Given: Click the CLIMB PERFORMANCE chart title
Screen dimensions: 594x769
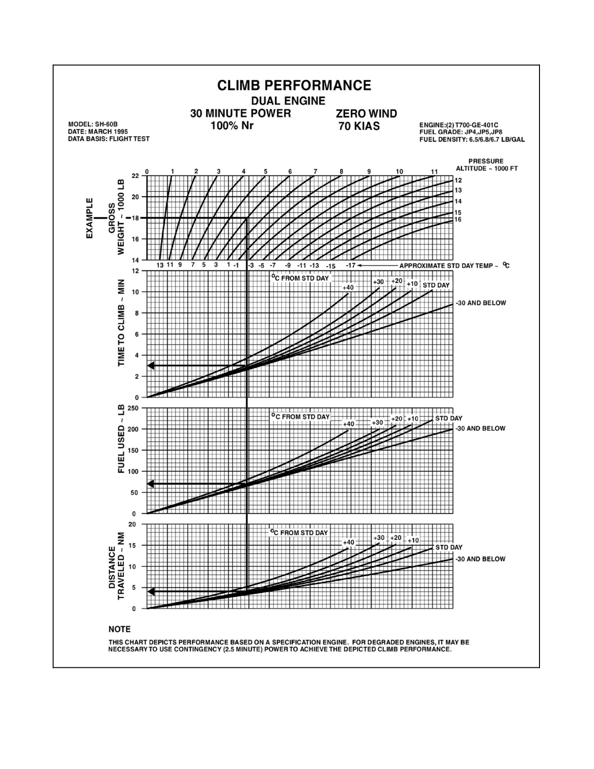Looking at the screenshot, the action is pos(294,85).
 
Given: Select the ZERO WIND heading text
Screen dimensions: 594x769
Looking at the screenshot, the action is pos(366,114).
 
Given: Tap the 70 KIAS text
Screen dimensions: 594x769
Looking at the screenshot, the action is pos(359,126).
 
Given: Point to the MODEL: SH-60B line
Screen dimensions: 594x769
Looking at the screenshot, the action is pos(93,124).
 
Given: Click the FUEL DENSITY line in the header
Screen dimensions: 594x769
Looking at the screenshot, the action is pos(472,139).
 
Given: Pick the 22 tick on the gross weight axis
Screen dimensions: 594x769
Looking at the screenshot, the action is pos(135,176).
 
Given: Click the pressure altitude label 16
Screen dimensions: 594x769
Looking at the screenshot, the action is pos(458,220).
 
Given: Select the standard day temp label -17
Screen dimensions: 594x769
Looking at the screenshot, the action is pos(350,265).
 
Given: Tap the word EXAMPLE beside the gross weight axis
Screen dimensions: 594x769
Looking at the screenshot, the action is pos(90,218).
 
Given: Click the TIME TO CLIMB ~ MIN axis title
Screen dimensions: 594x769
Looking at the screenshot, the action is pos(121,323).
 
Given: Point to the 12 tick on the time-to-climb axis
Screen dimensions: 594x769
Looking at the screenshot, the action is pos(135,271).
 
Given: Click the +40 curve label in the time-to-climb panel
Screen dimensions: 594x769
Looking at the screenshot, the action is pos(348,288).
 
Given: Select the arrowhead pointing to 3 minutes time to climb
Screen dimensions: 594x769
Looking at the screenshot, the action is pos(151,365).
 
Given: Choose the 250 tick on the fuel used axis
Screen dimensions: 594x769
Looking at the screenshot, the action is pos(133,408).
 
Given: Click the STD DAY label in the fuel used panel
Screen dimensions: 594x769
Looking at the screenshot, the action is pos(449,419).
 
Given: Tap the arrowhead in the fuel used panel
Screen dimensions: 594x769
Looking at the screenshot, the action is pos(151,484).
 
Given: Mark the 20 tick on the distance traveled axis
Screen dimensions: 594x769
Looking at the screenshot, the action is pos(132,524).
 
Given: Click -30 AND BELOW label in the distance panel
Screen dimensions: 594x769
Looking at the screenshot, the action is pos(480,559).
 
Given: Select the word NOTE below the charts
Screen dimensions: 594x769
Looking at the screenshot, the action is pos(120,629).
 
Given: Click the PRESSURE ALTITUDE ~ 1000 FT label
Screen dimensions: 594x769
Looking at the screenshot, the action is pos(486,165).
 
